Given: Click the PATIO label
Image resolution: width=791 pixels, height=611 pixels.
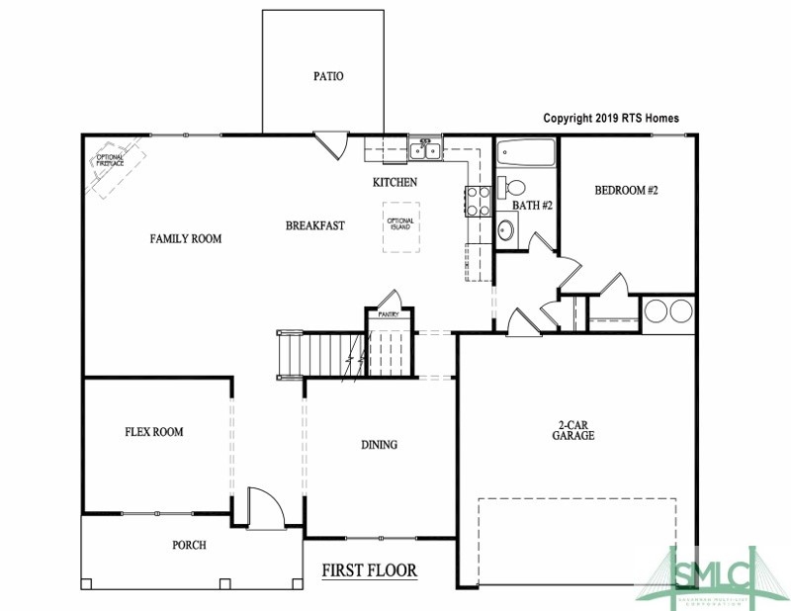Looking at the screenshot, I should pos(328,76).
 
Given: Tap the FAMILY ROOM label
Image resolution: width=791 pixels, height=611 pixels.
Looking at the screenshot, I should pos(186,238).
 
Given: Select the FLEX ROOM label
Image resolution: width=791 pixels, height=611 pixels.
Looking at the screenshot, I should pos(153,432).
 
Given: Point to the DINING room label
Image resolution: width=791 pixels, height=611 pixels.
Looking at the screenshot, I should pos(379,445).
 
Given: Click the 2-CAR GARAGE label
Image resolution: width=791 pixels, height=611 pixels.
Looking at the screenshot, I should pos(573,432).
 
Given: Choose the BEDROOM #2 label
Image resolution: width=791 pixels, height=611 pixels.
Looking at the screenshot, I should pos(626,190).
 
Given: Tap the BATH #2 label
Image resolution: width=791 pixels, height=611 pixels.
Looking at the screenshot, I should pos(531,206).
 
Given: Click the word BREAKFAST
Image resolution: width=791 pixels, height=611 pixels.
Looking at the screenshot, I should pos(315,225).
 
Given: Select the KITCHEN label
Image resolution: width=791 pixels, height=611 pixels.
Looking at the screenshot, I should pos(395,182).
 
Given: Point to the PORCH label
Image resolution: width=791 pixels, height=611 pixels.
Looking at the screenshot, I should pos(189,545).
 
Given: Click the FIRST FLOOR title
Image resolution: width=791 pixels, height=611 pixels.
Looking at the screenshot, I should pos(370,570).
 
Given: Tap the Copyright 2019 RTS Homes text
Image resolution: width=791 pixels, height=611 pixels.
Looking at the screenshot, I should pos(611,118).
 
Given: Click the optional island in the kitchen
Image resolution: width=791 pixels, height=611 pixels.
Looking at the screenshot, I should pos(400,226).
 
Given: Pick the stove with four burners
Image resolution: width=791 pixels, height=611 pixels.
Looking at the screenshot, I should pos(478,201).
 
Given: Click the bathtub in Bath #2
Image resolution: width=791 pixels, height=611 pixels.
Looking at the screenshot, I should pos(526,154).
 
